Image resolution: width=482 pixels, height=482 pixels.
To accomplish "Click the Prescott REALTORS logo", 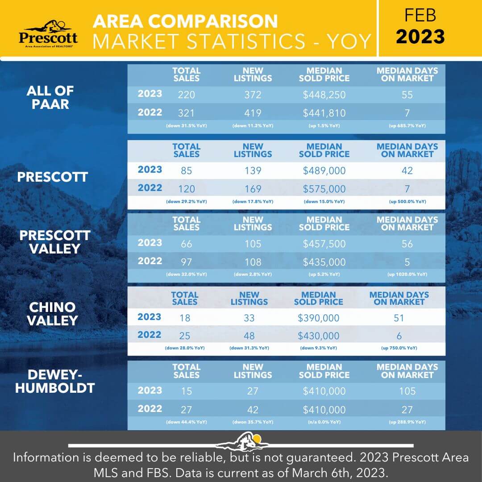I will (x=48, y=33).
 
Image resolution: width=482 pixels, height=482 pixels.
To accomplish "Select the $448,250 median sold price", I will (x=324, y=95).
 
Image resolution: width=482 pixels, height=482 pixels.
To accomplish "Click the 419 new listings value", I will (x=252, y=113).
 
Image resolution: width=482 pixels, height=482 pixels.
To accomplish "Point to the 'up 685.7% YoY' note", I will (x=407, y=126).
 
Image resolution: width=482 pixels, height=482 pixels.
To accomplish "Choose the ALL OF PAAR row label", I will (x=50, y=97).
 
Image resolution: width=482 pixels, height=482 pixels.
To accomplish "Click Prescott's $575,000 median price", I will (x=324, y=189).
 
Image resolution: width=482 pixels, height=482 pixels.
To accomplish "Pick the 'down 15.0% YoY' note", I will (x=324, y=202).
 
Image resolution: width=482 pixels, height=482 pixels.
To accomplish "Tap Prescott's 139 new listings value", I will (x=252, y=171).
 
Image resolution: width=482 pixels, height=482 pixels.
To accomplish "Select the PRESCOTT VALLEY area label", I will (x=55, y=242).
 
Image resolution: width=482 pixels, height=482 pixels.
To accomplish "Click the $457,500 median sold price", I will (x=324, y=244).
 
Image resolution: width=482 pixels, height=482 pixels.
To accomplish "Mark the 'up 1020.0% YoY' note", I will (x=407, y=274).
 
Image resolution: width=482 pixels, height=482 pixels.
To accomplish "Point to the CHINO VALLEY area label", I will (x=54, y=314).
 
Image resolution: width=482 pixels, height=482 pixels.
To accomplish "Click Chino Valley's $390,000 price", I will (x=318, y=318).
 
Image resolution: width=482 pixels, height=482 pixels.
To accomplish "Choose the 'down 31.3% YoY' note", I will (x=249, y=348).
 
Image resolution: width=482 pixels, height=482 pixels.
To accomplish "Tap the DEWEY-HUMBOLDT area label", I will (x=55, y=382).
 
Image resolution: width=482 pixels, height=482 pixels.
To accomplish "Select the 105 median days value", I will (x=407, y=391).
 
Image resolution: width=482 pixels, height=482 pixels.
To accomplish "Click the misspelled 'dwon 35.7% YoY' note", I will (x=252, y=422).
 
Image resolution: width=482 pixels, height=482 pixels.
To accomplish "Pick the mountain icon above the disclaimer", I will (x=241, y=441).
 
